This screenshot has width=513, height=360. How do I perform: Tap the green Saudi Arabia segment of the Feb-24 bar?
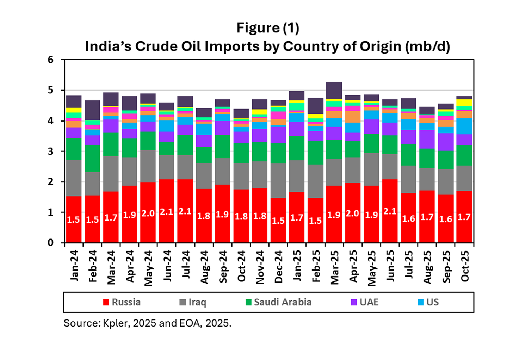92,158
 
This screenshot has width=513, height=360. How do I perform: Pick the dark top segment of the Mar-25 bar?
334,91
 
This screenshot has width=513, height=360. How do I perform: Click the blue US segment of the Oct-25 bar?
464,126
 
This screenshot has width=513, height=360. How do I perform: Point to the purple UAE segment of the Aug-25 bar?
427,139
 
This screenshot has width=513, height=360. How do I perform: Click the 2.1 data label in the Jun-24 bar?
167,212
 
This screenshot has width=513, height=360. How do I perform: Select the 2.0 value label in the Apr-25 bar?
352,213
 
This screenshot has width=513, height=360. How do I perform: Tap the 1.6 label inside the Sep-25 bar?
445,219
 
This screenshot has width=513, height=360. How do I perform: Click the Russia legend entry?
122,302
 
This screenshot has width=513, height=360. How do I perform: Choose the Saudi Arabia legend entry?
278,302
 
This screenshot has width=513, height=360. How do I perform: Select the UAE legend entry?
365,302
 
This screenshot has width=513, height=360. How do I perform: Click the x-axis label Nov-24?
260,267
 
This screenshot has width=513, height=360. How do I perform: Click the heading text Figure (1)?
268,28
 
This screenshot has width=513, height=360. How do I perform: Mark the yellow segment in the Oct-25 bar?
464,103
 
